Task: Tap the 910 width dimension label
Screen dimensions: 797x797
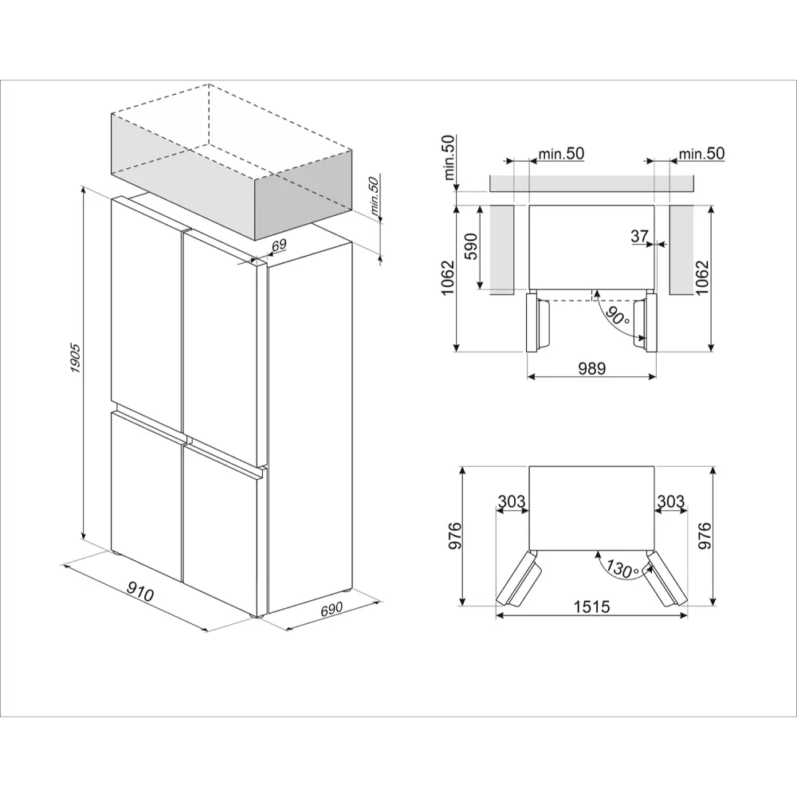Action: [x=139, y=592]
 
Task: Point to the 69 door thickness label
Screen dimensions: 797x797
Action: [x=279, y=245]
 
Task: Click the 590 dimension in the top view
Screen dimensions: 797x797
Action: [x=471, y=246]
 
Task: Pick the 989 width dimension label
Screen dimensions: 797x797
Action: [x=592, y=367]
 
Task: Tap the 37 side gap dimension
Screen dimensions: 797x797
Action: [x=639, y=236]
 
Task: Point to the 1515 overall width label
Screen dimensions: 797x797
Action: [x=591, y=607]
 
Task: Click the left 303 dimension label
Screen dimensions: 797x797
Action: [x=512, y=501]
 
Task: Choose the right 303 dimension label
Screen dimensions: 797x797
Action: [x=671, y=501]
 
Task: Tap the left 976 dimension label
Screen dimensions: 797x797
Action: [x=454, y=536]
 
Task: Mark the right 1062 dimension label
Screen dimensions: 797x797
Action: [x=702, y=278]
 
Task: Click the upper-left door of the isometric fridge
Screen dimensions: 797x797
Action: [x=147, y=313]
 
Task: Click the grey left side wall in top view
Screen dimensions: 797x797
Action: [x=501, y=249]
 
